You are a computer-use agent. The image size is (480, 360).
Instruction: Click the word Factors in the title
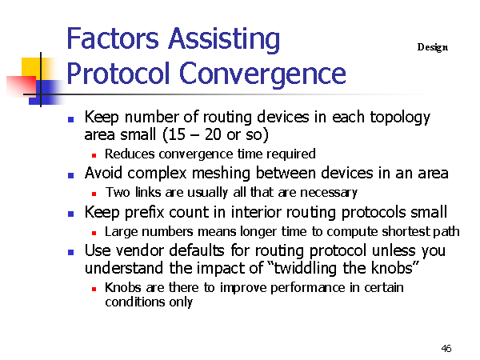click(113, 38)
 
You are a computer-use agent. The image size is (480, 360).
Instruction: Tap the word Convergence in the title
click(262, 74)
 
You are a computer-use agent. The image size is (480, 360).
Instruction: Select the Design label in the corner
click(433, 47)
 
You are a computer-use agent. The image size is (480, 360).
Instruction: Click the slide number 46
click(446, 348)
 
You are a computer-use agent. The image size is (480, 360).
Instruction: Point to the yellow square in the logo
click(31, 67)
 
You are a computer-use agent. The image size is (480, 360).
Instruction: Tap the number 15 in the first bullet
click(176, 134)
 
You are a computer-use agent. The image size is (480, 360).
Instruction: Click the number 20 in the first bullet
click(213, 134)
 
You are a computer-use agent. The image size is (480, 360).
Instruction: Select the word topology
click(400, 118)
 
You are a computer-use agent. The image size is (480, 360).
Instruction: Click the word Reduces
click(130, 154)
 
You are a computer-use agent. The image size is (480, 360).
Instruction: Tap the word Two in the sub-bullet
click(118, 192)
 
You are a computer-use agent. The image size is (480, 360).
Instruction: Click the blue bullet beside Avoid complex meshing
click(70, 175)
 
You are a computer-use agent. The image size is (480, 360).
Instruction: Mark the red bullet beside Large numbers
click(94, 234)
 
